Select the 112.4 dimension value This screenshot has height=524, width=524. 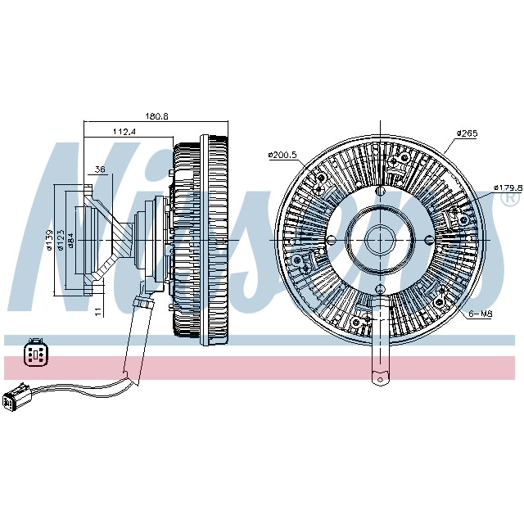point(124,131)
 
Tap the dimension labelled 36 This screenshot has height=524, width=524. point(101,170)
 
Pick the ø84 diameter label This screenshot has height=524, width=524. point(71,240)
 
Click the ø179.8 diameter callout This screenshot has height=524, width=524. point(508,187)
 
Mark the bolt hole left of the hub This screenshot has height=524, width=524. point(332,240)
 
